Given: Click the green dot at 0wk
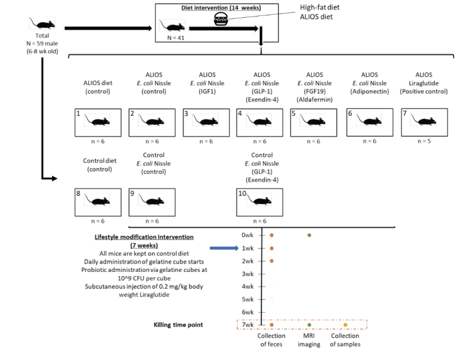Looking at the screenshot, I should tap(309, 235).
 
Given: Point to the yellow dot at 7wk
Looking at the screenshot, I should tap(345, 325).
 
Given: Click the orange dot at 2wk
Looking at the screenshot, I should tap(271, 261).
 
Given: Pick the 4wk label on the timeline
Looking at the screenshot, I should tap(248, 286).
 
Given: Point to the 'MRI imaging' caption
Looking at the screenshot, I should tap(310, 340).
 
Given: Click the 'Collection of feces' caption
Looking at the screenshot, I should tap(272, 340).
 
